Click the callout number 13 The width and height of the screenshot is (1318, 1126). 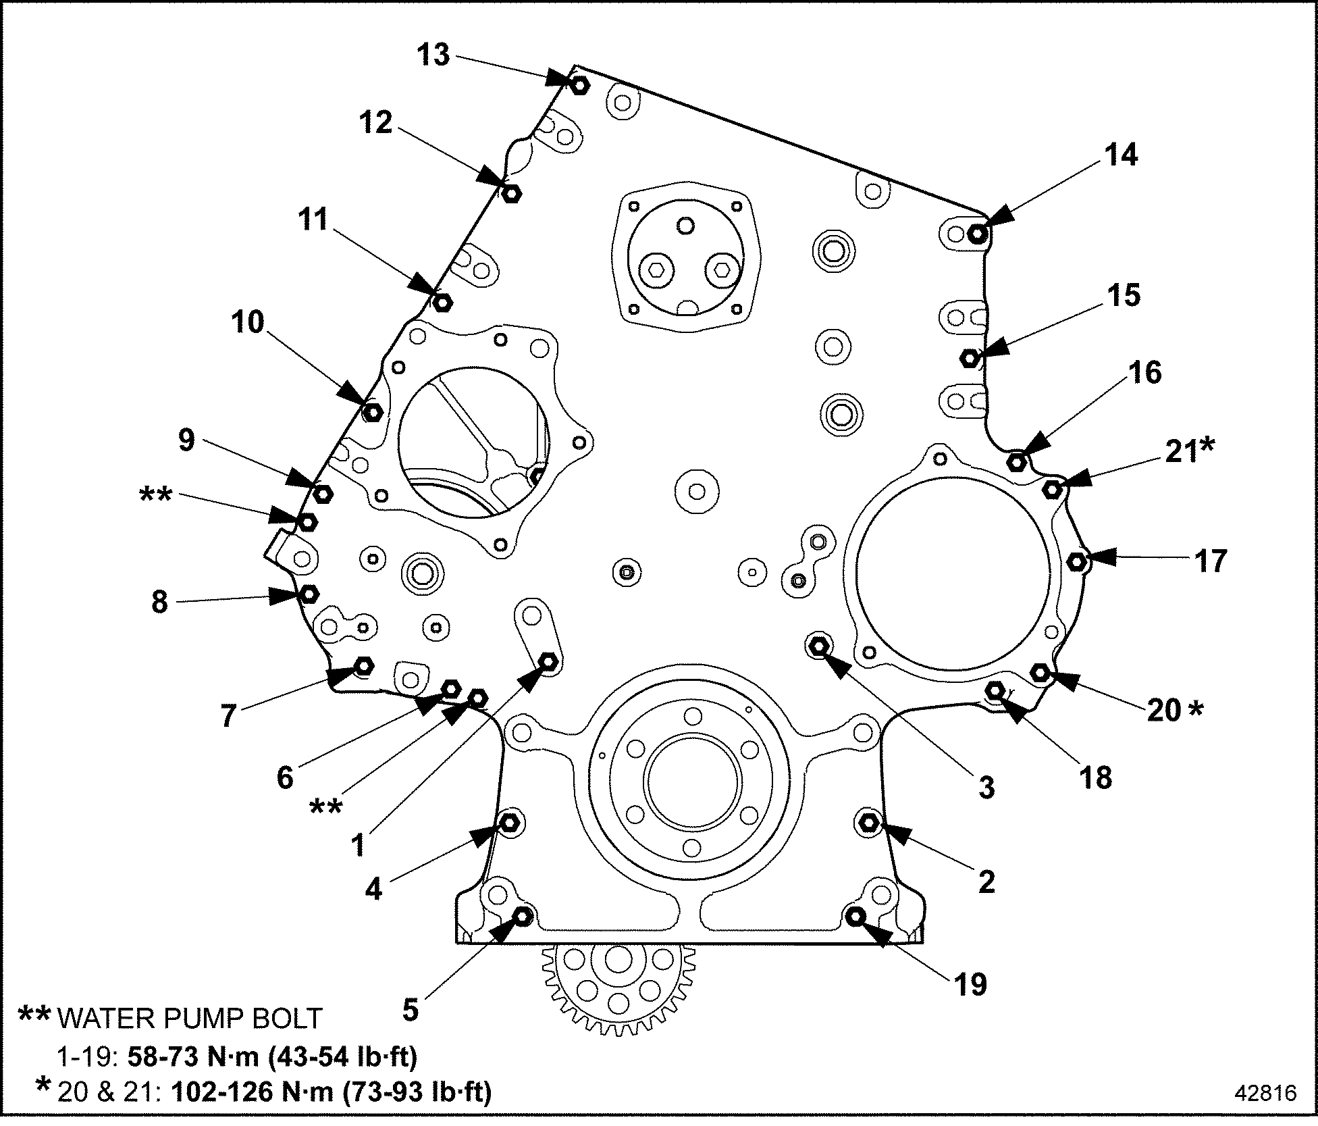[433, 55]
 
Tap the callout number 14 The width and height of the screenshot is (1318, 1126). [1121, 155]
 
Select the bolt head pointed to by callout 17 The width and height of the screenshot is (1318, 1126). [1077, 561]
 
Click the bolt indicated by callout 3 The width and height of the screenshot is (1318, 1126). [818, 646]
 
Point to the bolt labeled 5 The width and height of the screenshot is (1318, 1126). [523, 917]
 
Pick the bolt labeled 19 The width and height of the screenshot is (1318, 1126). [856, 916]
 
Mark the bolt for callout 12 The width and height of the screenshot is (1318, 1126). [511, 193]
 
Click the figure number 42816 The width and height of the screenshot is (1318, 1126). [1265, 1093]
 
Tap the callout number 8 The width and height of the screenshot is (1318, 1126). [159, 601]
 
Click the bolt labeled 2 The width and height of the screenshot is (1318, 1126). [868, 822]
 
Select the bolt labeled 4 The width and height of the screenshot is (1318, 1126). [509, 822]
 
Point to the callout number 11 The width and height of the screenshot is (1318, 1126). [313, 220]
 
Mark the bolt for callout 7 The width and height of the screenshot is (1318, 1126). [364, 666]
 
